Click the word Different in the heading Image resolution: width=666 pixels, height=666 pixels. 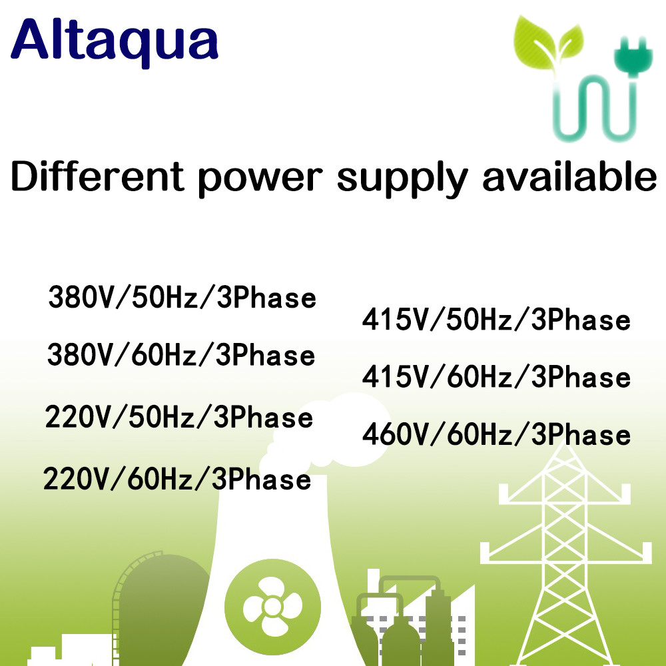pyautogui.click(x=97, y=176)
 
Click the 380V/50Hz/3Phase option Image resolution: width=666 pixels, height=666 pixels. pyautogui.click(x=182, y=297)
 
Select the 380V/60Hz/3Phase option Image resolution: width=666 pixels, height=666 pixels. pyautogui.click(x=181, y=355)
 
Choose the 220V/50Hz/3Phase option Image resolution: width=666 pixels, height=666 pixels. pyautogui.click(x=179, y=418)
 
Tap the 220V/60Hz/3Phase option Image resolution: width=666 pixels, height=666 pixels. pyautogui.click(x=177, y=480)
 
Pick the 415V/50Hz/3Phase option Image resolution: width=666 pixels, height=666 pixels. pyautogui.click(x=496, y=320)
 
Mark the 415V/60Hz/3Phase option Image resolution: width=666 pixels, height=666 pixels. pyautogui.click(x=496, y=378)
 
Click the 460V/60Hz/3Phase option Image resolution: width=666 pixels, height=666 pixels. pyautogui.click(x=496, y=435)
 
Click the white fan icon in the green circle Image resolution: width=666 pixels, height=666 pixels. pyautogui.click(x=272, y=607)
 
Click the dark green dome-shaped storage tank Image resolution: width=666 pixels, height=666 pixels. pyautogui.click(x=160, y=599)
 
